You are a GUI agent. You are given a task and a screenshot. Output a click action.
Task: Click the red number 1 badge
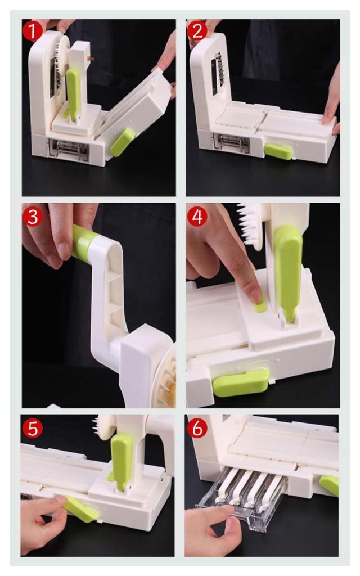click(33, 31)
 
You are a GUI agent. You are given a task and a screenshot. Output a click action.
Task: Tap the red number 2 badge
click(197, 31)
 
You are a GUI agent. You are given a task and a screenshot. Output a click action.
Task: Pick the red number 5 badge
click(33, 428)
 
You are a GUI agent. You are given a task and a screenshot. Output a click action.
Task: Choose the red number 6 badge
click(197, 428)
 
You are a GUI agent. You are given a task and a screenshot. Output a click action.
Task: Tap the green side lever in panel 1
click(123, 142)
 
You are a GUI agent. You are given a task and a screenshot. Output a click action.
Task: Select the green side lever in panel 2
click(278, 151)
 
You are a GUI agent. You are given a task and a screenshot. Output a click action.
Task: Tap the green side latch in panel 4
click(241, 382)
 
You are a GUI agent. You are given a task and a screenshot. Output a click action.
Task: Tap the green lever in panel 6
click(329, 485)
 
